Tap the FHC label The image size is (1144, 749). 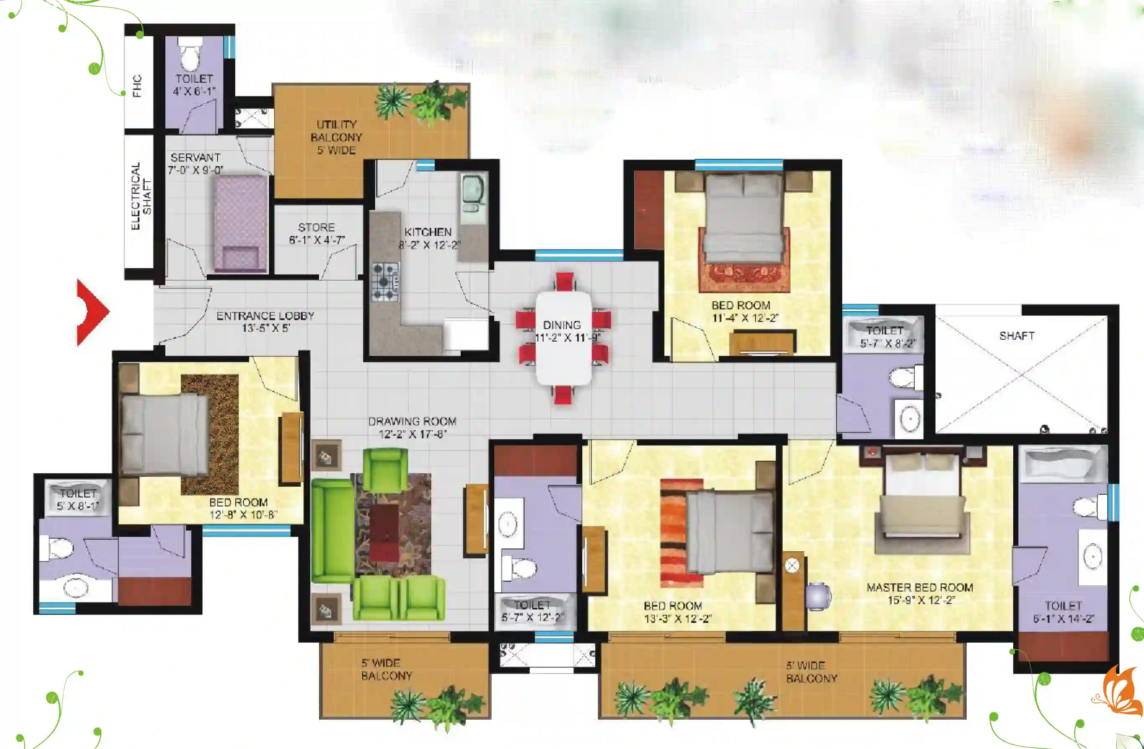137,86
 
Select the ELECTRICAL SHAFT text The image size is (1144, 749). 141,196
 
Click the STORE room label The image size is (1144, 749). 316,227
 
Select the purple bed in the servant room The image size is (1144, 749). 240,224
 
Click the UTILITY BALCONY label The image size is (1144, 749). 337,131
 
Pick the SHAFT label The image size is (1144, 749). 1017,336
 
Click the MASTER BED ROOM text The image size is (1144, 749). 920,588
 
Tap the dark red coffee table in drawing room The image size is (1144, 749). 384,532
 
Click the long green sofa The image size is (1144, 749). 332,531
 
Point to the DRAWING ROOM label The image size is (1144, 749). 412,421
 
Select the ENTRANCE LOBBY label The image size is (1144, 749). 265,316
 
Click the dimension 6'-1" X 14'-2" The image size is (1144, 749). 1064,618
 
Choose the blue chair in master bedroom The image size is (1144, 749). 819,596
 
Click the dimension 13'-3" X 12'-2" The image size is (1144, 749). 678,618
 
